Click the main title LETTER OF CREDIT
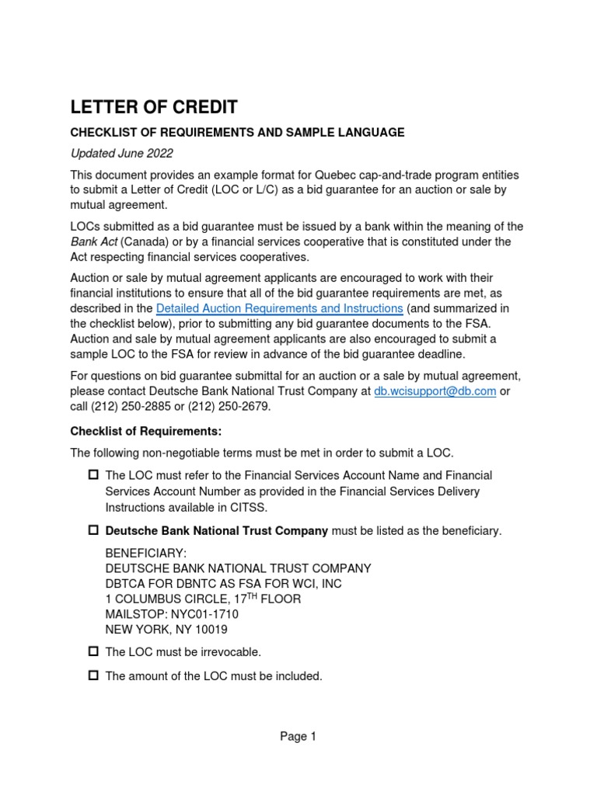pos(154,107)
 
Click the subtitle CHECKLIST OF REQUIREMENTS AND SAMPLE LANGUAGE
pos(237,133)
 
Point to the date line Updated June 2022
pos(121,153)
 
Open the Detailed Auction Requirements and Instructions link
pos(279,308)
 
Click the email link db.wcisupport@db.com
pos(435,391)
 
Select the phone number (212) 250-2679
pos(234,407)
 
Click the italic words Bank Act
pos(96,241)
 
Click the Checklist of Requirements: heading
pos(146,431)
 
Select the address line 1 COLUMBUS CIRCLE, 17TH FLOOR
pos(203,599)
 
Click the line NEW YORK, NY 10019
pos(166,630)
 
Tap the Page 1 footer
pos(298,738)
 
